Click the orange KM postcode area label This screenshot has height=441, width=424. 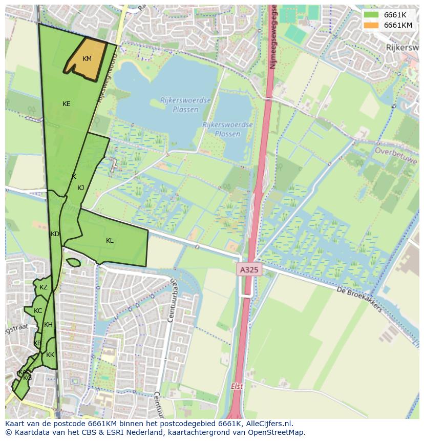coord(87,59)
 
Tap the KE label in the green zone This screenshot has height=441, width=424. coord(66,104)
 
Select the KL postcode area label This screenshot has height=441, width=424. coord(110,241)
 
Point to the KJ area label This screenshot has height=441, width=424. coord(80,188)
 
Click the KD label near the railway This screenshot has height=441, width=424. coord(55,234)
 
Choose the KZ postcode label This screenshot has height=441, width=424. coord(44,287)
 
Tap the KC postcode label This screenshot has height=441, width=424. coord(38,311)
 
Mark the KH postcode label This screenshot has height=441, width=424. coord(48,325)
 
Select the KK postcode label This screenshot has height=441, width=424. coord(50,355)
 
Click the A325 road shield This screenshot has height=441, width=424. coord(249,269)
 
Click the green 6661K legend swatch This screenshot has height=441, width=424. coord(371,15)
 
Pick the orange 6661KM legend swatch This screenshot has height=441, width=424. coord(371,25)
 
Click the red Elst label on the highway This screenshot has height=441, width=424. coord(236,387)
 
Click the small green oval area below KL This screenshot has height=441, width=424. coord(73,263)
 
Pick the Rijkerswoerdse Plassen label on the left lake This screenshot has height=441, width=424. coord(178,105)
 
